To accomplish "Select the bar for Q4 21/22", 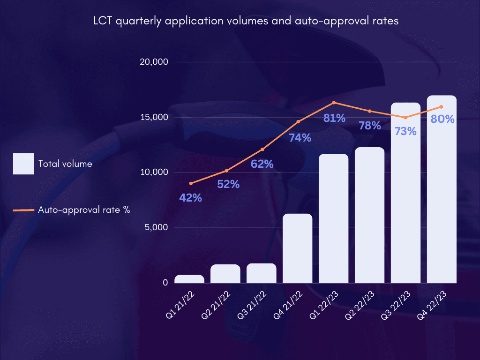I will pyautogui.click(x=298, y=248).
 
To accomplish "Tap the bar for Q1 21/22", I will pyautogui.click(x=189, y=279).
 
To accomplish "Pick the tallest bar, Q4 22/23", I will pyautogui.click(x=442, y=189).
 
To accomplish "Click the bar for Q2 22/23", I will pyautogui.click(x=369, y=215).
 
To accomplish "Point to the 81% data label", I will pyautogui.click(x=334, y=118).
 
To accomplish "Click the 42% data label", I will pyautogui.click(x=191, y=198).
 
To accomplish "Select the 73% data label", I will pyautogui.click(x=405, y=131).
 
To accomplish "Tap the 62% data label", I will pyautogui.click(x=262, y=164).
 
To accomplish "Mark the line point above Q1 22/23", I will pyautogui.click(x=334, y=102).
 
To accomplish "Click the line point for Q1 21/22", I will pyautogui.click(x=191, y=183).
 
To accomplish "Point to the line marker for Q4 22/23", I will pyautogui.click(x=442, y=107).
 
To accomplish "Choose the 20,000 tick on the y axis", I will pyautogui.click(x=154, y=62).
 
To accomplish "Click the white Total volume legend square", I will pyautogui.click(x=23, y=164).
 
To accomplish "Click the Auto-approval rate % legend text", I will pyautogui.click(x=84, y=210).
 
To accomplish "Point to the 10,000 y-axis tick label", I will pyautogui.click(x=154, y=172).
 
